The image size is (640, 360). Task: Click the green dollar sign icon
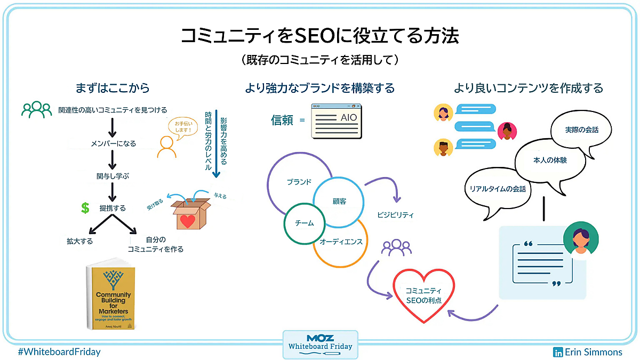[x=85, y=208]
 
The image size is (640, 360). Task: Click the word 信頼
[x=282, y=119]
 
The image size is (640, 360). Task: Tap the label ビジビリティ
[x=395, y=215]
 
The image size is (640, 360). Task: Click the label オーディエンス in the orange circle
[x=341, y=242]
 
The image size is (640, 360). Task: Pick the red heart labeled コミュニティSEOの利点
[x=423, y=295]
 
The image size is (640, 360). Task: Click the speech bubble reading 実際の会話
[x=581, y=130]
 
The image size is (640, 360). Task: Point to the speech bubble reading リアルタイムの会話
[x=497, y=189]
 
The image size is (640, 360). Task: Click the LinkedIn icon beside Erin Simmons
[x=558, y=352]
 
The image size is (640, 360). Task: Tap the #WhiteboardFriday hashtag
[x=59, y=352]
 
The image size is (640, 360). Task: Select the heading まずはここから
[x=113, y=88]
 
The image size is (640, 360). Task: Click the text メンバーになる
[x=113, y=143]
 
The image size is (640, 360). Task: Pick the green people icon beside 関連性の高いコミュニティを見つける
[x=37, y=110]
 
